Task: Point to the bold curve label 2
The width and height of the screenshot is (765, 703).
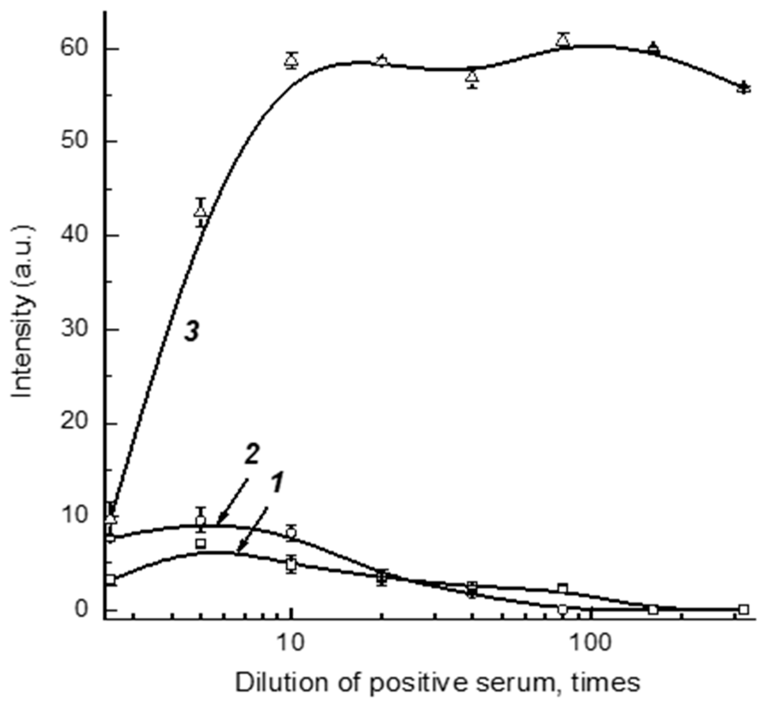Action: click(x=251, y=455)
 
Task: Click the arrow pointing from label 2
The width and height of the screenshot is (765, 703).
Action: click(x=232, y=502)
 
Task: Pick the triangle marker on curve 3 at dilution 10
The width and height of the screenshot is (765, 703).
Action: click(x=291, y=60)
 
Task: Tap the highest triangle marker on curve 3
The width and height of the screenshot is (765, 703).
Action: click(x=564, y=40)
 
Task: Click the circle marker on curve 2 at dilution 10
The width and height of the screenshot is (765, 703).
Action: click(x=291, y=533)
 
